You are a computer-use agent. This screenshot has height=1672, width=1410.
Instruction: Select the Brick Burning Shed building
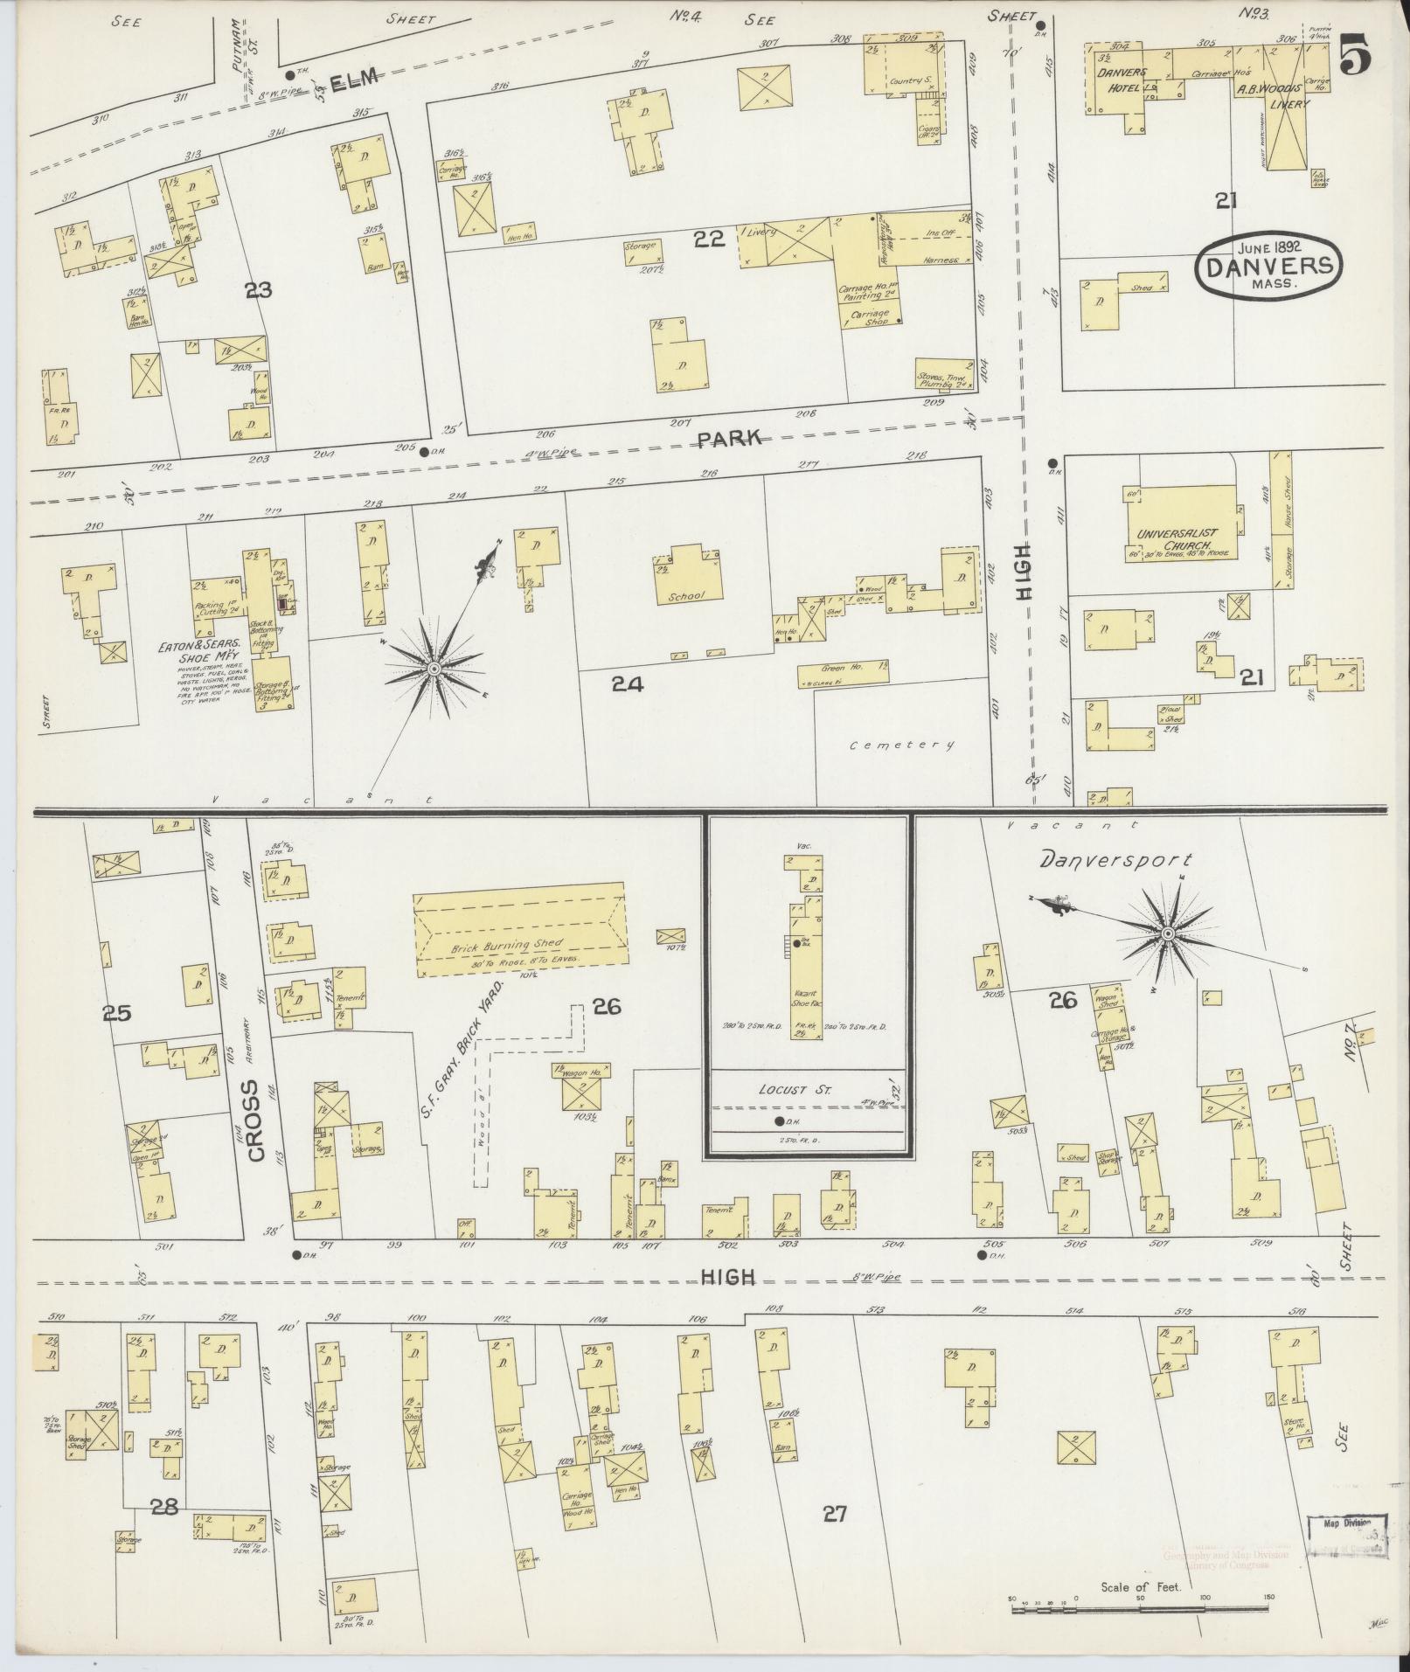pyautogui.click(x=520, y=930)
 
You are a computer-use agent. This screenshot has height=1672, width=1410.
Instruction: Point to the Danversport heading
pyautogui.click(x=1115, y=861)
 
